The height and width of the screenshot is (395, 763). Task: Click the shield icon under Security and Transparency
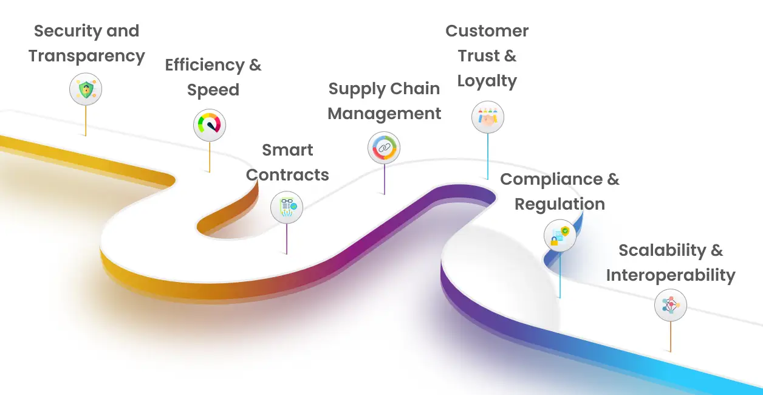click(x=86, y=90)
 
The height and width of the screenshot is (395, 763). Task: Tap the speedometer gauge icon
click(x=210, y=126)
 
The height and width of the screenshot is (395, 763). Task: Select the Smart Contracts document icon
click(x=287, y=208)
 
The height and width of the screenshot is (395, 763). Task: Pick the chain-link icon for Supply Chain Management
click(x=384, y=148)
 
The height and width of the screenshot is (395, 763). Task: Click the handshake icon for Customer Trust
click(x=488, y=117)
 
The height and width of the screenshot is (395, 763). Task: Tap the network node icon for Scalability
click(x=671, y=305)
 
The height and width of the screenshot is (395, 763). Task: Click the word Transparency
click(x=87, y=56)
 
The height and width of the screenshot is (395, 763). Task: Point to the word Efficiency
click(x=204, y=65)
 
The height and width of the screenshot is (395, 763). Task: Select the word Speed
click(x=213, y=90)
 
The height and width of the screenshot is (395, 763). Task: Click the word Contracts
click(x=287, y=175)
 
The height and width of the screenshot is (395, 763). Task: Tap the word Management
click(x=385, y=114)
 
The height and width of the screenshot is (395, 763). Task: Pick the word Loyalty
click(x=487, y=81)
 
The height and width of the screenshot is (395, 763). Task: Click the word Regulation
click(x=559, y=204)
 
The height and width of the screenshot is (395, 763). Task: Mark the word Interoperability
click(x=671, y=275)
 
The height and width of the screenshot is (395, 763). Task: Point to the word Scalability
click(x=662, y=250)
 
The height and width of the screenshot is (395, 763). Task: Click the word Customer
click(x=487, y=31)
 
